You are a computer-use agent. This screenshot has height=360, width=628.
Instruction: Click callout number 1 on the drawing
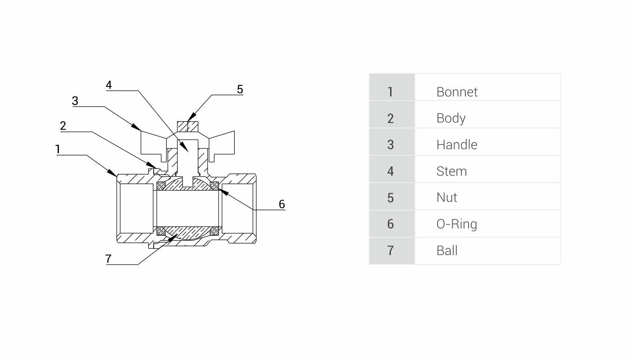pyautogui.click(x=58, y=149)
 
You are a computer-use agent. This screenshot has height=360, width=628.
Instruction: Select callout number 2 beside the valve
pyautogui.click(x=63, y=126)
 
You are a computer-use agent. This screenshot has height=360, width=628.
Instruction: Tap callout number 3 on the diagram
pyautogui.click(x=75, y=101)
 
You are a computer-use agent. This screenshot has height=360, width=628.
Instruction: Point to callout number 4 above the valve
pyautogui.click(x=109, y=85)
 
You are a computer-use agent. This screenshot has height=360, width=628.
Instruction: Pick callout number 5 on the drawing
pyautogui.click(x=240, y=89)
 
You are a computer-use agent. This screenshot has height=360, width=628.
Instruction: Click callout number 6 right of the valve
pyautogui.click(x=282, y=204)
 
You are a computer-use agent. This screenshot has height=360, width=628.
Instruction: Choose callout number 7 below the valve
pyautogui.click(x=108, y=259)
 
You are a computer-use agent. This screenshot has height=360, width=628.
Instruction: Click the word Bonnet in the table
pyautogui.click(x=457, y=92)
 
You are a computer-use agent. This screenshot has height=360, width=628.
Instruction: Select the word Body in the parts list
pyautogui.click(x=451, y=118)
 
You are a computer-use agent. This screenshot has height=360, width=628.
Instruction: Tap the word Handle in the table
pyautogui.click(x=457, y=145)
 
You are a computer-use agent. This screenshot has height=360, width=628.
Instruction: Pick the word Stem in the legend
pyautogui.click(x=451, y=171)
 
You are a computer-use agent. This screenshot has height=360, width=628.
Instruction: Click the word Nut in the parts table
pyautogui.click(x=446, y=197)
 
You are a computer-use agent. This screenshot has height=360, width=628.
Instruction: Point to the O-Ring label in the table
pyautogui.click(x=456, y=224)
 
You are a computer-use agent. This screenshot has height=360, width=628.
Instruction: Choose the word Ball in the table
pyautogui.click(x=446, y=251)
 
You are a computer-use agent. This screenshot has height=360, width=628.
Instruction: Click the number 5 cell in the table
pyautogui.click(x=391, y=197)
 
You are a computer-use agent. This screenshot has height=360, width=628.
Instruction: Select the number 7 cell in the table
pyautogui.click(x=391, y=251)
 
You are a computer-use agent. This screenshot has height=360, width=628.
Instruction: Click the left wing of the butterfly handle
pyautogui.click(x=153, y=143)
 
